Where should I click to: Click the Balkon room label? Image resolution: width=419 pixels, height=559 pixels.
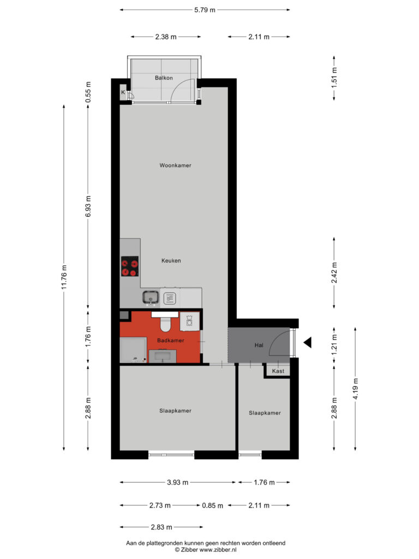pos(164,78)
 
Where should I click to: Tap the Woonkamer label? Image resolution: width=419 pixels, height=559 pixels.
pos(175,165)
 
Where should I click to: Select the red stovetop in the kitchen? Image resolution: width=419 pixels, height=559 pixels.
pos(130,266)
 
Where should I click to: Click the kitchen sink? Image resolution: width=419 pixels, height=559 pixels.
pos(151,298)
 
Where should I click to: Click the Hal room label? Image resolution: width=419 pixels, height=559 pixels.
pos(259,345)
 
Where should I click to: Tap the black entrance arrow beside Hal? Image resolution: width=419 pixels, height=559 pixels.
pos(308,343)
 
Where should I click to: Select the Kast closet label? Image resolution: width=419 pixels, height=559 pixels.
pos(278,371)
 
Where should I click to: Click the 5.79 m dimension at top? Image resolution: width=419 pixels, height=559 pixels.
pos(205,10)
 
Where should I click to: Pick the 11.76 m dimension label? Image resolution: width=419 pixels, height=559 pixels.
pos(64,277)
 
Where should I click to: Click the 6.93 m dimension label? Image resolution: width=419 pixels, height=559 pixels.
pos(88,206)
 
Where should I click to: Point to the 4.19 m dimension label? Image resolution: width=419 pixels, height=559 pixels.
pos(355,389)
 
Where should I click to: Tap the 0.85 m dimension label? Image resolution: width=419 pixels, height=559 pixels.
pos(213,506)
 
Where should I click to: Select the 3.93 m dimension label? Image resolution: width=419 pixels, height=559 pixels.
pos(177,483)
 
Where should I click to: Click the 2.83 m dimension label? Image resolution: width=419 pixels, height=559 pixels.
pos(161,527)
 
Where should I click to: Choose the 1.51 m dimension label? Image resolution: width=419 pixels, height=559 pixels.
pos(334,78)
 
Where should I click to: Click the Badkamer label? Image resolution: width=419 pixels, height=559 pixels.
pos(171,341)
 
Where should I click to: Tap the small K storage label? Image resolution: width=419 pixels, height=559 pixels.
pos(123,92)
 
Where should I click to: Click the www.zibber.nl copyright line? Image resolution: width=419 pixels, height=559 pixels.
pos(206,550)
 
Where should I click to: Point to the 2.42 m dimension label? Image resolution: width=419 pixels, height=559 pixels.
pos(334,273)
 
